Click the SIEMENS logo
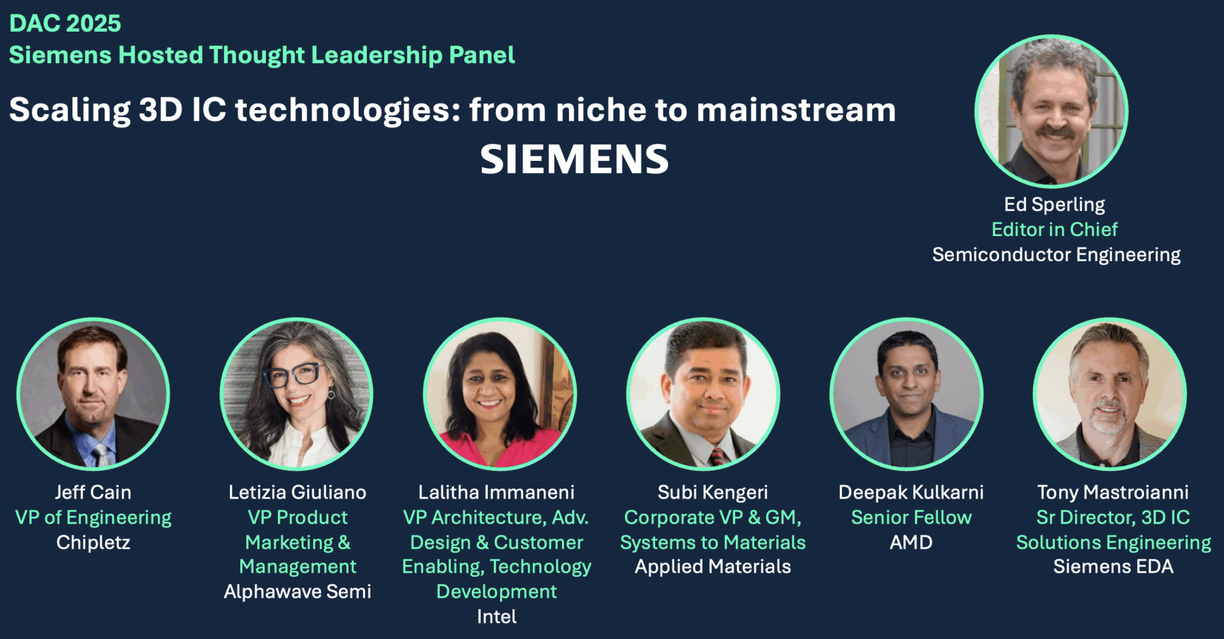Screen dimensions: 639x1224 click(574, 160)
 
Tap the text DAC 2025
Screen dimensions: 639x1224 click(65, 23)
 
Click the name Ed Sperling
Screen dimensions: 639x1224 click(1054, 204)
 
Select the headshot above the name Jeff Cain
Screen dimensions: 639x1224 click(93, 394)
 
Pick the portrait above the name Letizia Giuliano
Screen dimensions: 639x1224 click(296, 394)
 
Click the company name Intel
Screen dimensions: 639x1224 click(497, 616)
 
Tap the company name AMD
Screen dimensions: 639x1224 click(911, 542)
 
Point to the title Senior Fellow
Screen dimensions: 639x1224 click(911, 517)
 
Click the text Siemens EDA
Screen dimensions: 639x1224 click(1113, 566)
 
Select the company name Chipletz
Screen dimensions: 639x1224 click(93, 542)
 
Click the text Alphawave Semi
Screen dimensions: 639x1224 click(298, 591)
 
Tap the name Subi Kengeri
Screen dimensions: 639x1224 click(712, 492)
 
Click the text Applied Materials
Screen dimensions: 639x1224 click(712, 566)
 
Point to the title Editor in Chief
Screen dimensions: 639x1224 click(1054, 229)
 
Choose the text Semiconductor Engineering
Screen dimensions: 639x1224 click(1056, 255)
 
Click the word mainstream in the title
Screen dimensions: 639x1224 click(796, 110)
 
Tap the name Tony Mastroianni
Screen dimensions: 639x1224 click(1113, 492)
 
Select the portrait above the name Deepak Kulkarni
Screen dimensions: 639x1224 click(907, 394)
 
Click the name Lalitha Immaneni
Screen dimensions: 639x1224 click(496, 492)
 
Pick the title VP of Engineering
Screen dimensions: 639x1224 click(93, 517)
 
